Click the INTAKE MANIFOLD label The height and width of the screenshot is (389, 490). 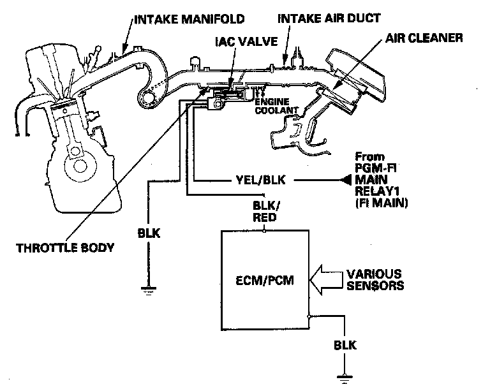pos(189,19)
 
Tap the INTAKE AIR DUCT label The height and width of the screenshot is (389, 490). pos(329,18)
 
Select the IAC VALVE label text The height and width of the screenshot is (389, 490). pos(246,41)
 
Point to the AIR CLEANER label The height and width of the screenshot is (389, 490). pos(424,38)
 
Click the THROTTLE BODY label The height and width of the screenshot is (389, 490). pos(65,248)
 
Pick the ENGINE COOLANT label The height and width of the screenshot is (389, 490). pos(276,106)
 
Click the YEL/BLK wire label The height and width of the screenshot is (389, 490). pos(260,180)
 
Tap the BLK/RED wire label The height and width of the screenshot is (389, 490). pos(265,212)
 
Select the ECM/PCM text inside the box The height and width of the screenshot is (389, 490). pos(265,280)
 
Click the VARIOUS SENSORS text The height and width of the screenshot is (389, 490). pos(375,280)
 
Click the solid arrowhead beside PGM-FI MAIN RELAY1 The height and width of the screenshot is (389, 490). pos(346,180)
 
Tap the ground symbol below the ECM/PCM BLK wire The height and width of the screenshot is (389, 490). pos(345,378)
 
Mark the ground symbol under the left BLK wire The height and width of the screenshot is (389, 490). pos(148,291)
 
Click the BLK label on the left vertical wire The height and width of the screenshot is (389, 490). pos(149,233)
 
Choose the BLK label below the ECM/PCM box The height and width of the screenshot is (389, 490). pos(345,345)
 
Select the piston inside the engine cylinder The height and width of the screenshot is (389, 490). pos(64,107)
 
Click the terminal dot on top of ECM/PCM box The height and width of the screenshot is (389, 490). pos(264,231)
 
